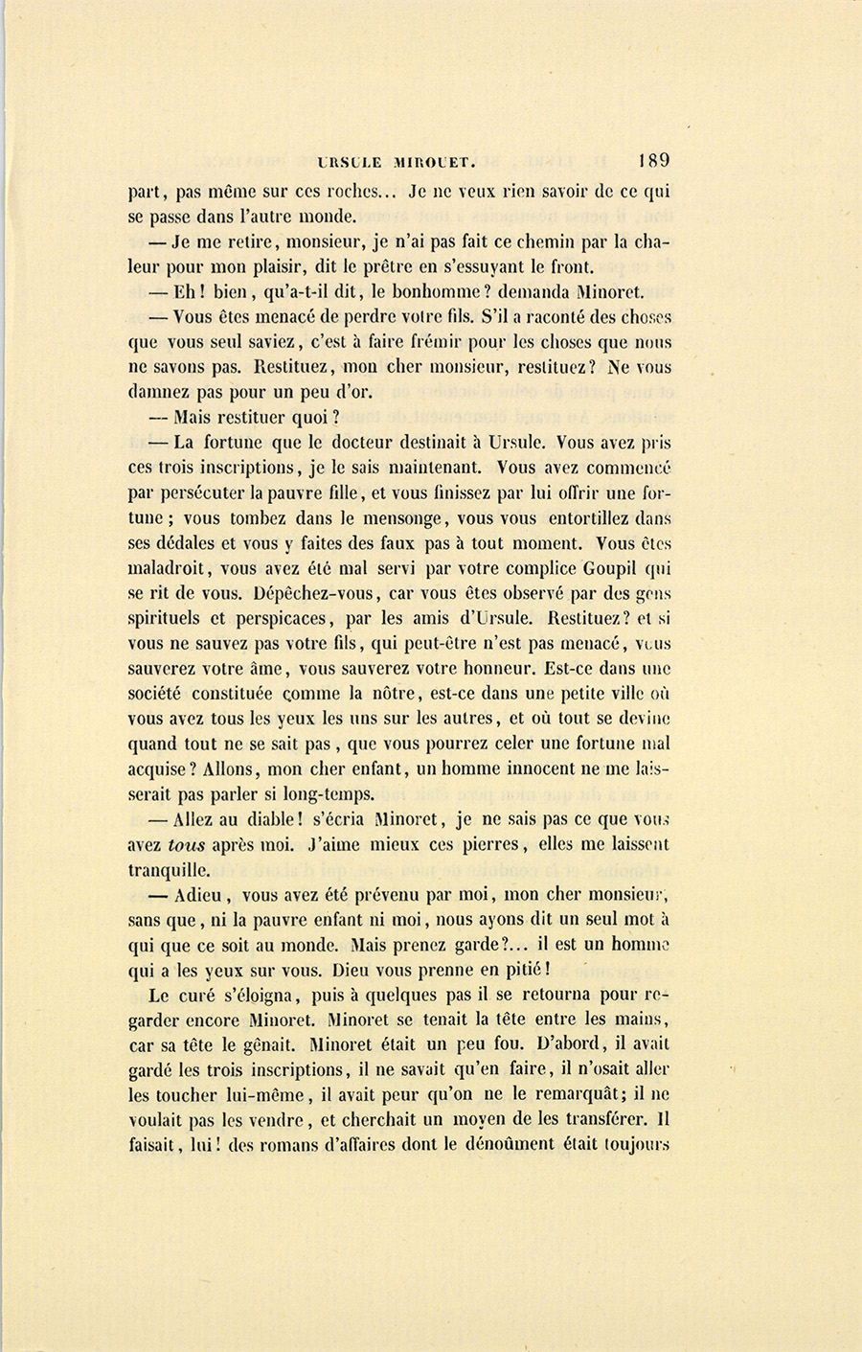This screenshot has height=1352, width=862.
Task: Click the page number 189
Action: [x=650, y=160]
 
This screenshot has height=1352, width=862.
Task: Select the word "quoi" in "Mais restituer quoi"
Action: [x=313, y=418]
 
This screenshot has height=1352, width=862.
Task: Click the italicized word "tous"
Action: [x=186, y=845]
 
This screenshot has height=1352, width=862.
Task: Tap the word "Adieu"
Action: [x=199, y=896]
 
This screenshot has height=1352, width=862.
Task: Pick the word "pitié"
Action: [x=522, y=971]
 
